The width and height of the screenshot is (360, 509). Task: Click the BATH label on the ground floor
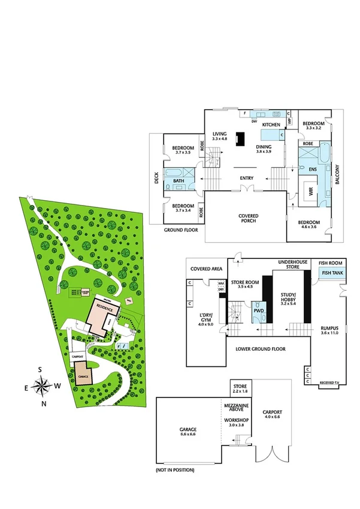pos(179,181)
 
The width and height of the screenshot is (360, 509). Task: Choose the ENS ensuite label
pos(312,170)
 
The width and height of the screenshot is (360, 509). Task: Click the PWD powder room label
pos(258,311)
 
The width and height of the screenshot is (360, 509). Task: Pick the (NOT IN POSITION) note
pos(174,470)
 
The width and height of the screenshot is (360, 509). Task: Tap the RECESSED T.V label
pos(330,382)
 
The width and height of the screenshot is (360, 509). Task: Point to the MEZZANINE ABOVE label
pos(236,408)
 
